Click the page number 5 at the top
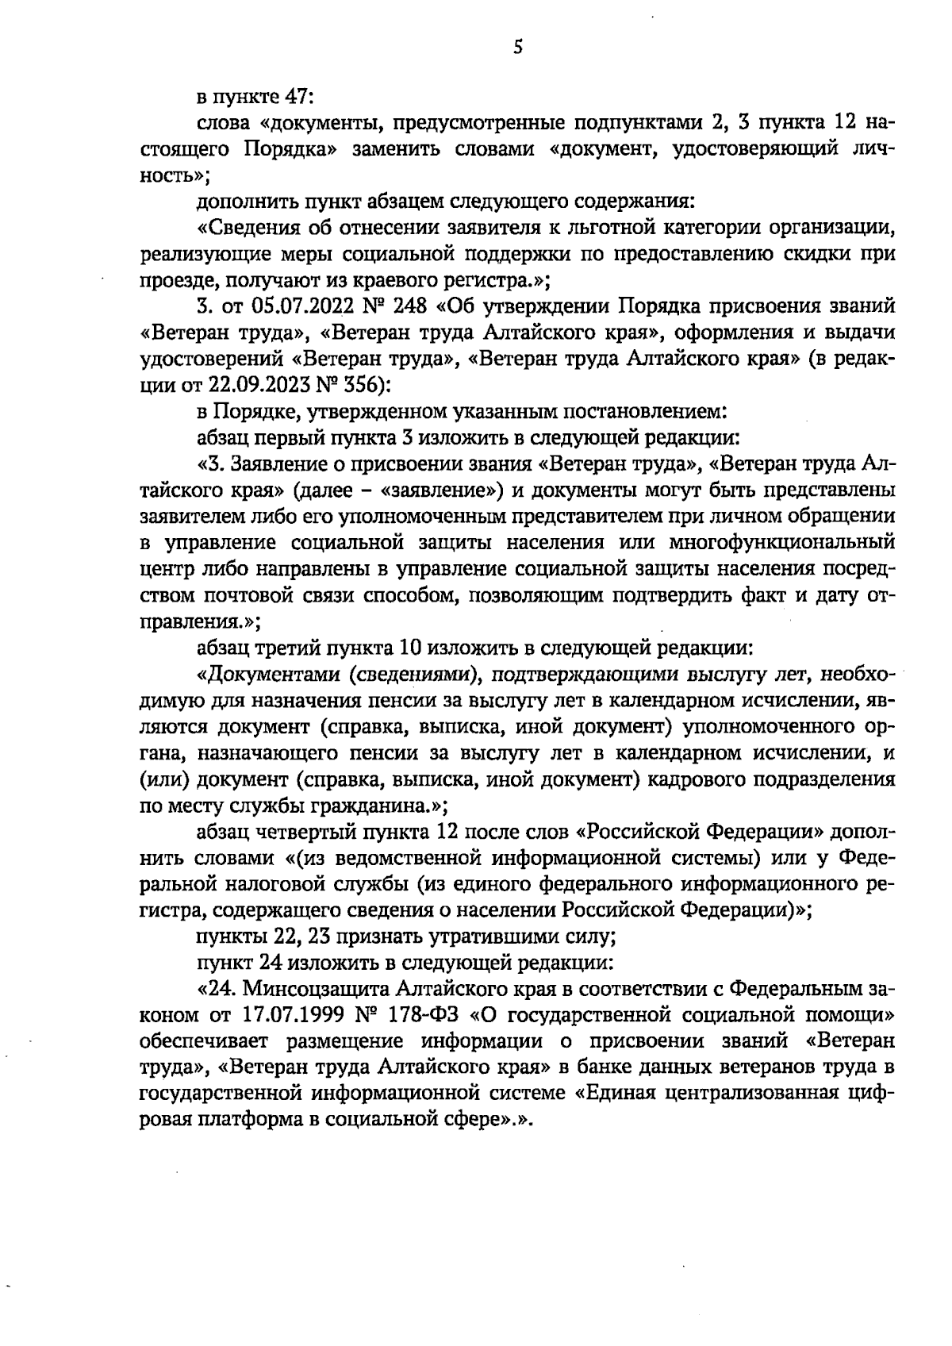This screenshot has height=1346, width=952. pyautogui.click(x=517, y=48)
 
